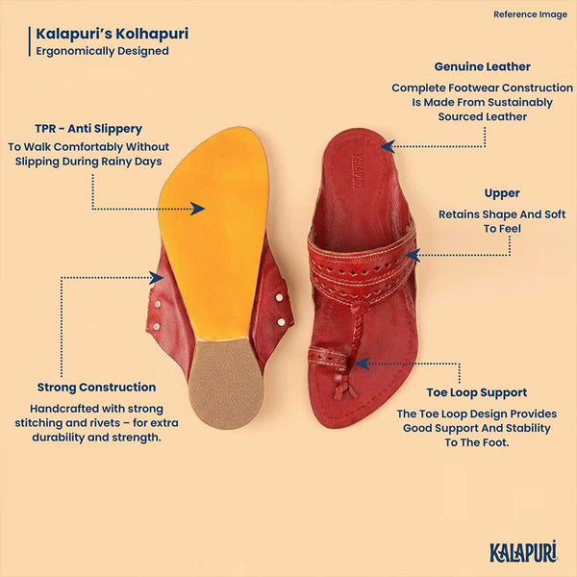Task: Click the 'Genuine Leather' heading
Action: [482, 66]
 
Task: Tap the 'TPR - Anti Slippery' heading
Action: [88, 129]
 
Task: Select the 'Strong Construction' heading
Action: [96, 388]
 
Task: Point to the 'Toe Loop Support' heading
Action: [477, 392]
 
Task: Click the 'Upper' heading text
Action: [502, 193]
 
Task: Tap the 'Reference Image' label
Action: [530, 14]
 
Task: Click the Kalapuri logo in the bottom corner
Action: [523, 552]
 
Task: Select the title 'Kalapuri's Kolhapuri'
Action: [113, 34]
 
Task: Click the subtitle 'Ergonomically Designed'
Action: [102, 51]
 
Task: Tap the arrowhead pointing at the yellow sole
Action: [197, 209]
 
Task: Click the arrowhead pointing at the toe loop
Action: [363, 364]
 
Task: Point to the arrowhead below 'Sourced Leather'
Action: [388, 146]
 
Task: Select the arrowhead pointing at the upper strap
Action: [413, 255]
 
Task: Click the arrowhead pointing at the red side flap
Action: [157, 278]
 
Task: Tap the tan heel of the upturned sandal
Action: [226, 384]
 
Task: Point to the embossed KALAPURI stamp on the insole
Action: [355, 171]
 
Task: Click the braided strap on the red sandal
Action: [358, 333]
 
